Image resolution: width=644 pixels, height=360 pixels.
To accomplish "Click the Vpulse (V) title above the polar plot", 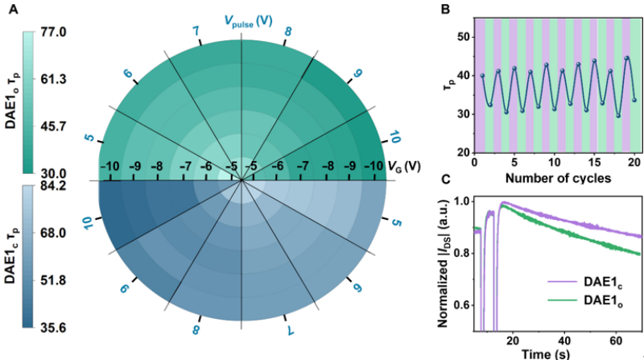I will point(242,19).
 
